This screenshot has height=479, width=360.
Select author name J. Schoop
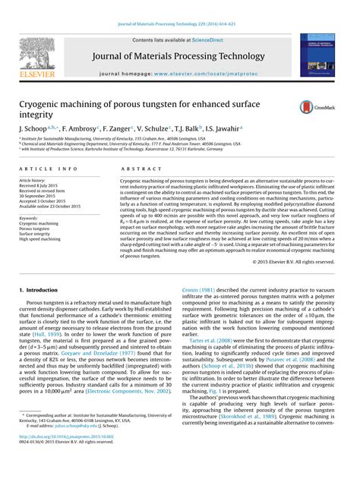pos(35,130)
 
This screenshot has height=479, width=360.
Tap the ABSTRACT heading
pos(136,169)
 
